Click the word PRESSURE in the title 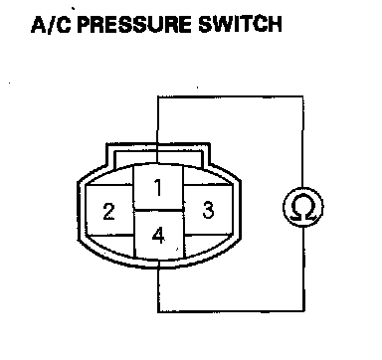point(134,24)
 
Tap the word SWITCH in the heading point(240,24)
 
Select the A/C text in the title point(51,24)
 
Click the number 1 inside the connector point(158,187)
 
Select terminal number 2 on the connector point(108,211)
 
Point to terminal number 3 point(208,210)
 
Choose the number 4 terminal point(158,236)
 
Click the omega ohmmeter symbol point(303,207)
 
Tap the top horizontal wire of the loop point(231,96)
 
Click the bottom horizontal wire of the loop point(231,311)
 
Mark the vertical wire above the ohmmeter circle point(302,142)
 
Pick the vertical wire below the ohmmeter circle point(303,270)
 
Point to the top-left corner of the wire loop point(158,96)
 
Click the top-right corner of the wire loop point(303,96)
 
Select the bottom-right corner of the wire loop point(303,311)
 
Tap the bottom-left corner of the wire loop point(158,311)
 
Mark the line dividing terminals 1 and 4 point(158,211)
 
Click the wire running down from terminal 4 point(158,286)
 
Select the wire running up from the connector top point(158,130)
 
